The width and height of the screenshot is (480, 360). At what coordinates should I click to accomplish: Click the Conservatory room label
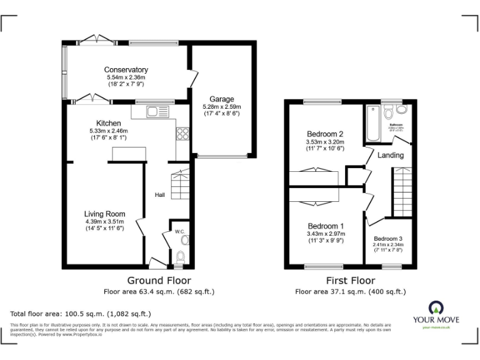126,69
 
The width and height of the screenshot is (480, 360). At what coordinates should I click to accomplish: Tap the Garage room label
221,99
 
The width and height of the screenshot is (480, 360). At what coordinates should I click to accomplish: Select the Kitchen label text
108,123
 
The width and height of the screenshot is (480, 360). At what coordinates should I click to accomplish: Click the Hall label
160,195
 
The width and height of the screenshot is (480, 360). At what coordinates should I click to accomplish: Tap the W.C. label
179,232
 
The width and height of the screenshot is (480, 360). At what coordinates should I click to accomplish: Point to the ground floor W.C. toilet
180,256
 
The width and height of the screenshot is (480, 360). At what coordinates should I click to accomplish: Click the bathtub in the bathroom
373,122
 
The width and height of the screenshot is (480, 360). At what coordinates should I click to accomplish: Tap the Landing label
391,155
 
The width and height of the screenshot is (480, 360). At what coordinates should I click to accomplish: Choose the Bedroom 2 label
325,134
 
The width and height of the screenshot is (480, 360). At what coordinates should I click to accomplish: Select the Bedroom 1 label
325,226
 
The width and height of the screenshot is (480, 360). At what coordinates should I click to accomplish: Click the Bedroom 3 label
388,238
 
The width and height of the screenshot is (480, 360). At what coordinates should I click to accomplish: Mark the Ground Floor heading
159,281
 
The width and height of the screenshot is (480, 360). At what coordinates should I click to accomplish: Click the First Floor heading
350,281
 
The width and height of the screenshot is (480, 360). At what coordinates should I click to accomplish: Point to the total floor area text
81,314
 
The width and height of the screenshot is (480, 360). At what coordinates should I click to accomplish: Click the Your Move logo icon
435,307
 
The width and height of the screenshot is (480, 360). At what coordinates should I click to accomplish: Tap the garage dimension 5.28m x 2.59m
221,107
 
